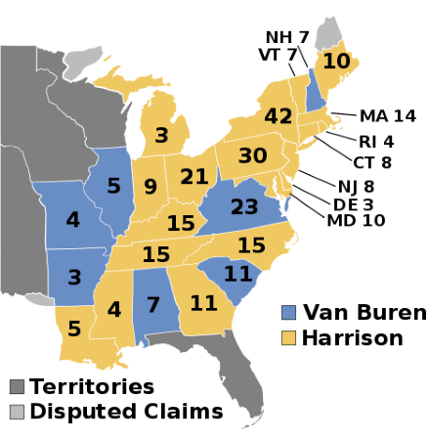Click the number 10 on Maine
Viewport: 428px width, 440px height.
pos(336,61)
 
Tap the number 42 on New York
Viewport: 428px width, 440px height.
pos(278,116)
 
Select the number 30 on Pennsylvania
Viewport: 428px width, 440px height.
pos(252,155)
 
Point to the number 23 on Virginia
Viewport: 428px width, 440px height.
pos(244,207)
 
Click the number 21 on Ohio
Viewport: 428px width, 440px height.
pos(194,177)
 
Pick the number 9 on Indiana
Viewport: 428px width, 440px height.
pos(150,187)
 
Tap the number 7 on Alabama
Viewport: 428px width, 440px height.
pos(152,304)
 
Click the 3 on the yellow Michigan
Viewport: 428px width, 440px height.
pos(161,135)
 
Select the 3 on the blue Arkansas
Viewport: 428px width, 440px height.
pos(74,277)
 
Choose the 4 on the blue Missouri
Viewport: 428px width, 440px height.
pos(72,220)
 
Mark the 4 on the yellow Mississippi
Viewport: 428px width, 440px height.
pos(114,310)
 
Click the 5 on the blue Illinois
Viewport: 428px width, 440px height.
pos(113,186)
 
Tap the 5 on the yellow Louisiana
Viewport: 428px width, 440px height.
pos(74,330)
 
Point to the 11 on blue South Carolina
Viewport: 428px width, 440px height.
pos(237,274)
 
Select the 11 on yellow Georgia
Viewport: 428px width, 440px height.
pos(203,303)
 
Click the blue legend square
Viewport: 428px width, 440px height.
pos(288,313)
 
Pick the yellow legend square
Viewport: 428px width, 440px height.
pos(288,337)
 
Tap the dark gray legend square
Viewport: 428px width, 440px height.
pos(17,386)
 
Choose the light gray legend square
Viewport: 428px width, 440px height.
pos(17,412)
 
